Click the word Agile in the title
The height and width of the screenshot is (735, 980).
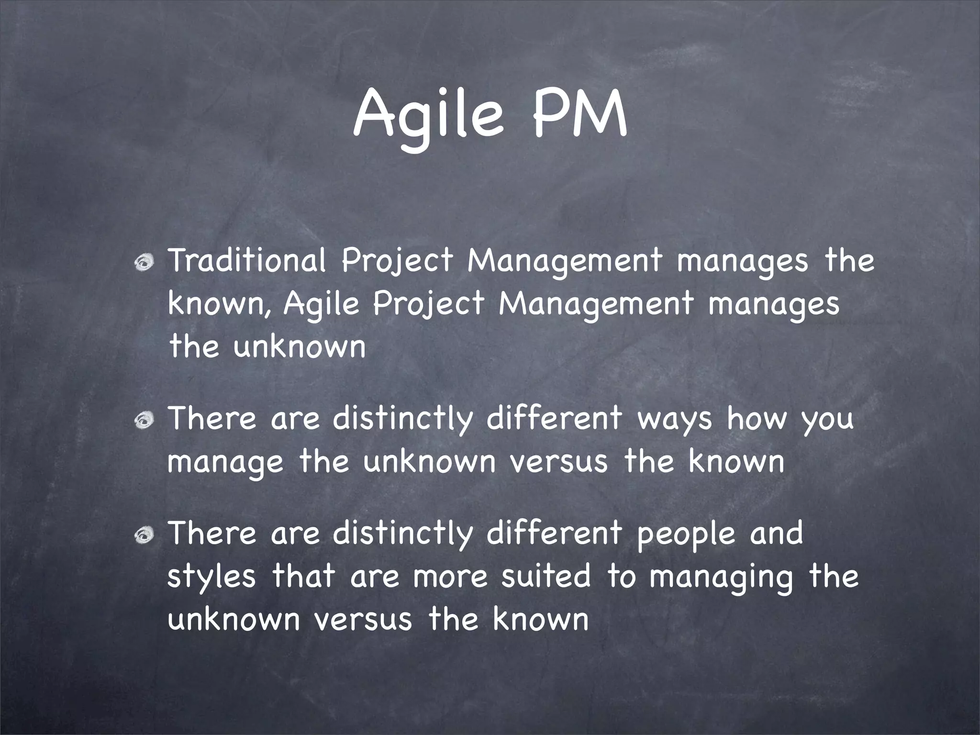click(x=428, y=115)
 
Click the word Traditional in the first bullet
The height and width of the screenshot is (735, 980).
click(x=246, y=261)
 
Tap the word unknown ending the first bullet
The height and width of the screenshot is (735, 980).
click(x=300, y=346)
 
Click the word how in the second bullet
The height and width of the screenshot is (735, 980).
click(x=757, y=418)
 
